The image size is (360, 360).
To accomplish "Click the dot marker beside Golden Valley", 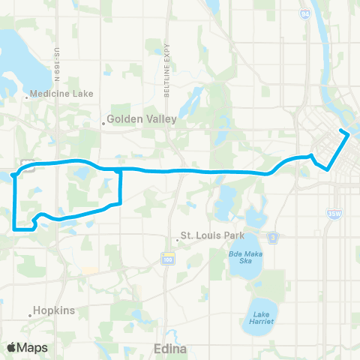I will pos(104,118).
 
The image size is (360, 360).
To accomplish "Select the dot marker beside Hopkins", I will pos(31,315).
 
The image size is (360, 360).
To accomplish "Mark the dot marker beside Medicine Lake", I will pos(27,95).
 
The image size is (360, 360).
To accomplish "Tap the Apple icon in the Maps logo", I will pos(11,346).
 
